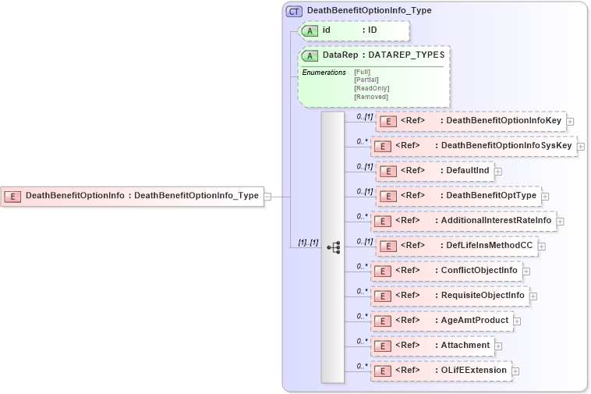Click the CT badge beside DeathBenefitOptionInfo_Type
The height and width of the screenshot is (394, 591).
(x=294, y=11)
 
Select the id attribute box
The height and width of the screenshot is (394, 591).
(x=355, y=30)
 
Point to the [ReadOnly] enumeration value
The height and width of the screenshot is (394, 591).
(x=371, y=88)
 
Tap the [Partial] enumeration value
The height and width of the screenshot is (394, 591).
(x=366, y=80)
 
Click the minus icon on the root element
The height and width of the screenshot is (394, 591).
(x=267, y=197)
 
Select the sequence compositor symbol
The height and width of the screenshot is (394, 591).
(x=334, y=247)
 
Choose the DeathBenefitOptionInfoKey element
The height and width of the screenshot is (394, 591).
(x=470, y=121)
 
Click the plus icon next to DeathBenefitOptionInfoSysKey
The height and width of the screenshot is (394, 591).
(x=581, y=147)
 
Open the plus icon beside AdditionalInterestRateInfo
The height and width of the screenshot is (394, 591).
(x=560, y=222)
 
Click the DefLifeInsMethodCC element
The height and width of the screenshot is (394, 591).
(x=455, y=246)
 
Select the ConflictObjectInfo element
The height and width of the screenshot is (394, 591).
(x=445, y=271)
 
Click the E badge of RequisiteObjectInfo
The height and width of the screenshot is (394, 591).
(x=382, y=296)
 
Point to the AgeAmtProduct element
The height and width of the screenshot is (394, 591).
(x=441, y=321)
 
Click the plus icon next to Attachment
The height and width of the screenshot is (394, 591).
(x=498, y=346)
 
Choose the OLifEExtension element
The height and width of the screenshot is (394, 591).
(x=441, y=370)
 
